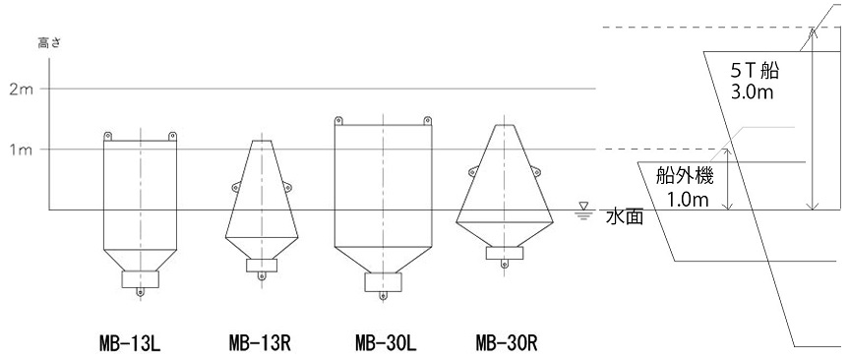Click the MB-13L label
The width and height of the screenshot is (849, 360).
pos(130,343)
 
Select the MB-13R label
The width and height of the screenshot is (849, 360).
pos(260,343)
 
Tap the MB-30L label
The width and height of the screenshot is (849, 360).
pos(386,343)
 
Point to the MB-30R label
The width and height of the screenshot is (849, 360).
pos(507,343)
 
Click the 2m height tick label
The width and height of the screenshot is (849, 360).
pos(22,90)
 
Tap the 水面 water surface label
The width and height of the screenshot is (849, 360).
pos(625,217)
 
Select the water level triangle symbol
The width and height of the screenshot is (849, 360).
pos(583,207)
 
